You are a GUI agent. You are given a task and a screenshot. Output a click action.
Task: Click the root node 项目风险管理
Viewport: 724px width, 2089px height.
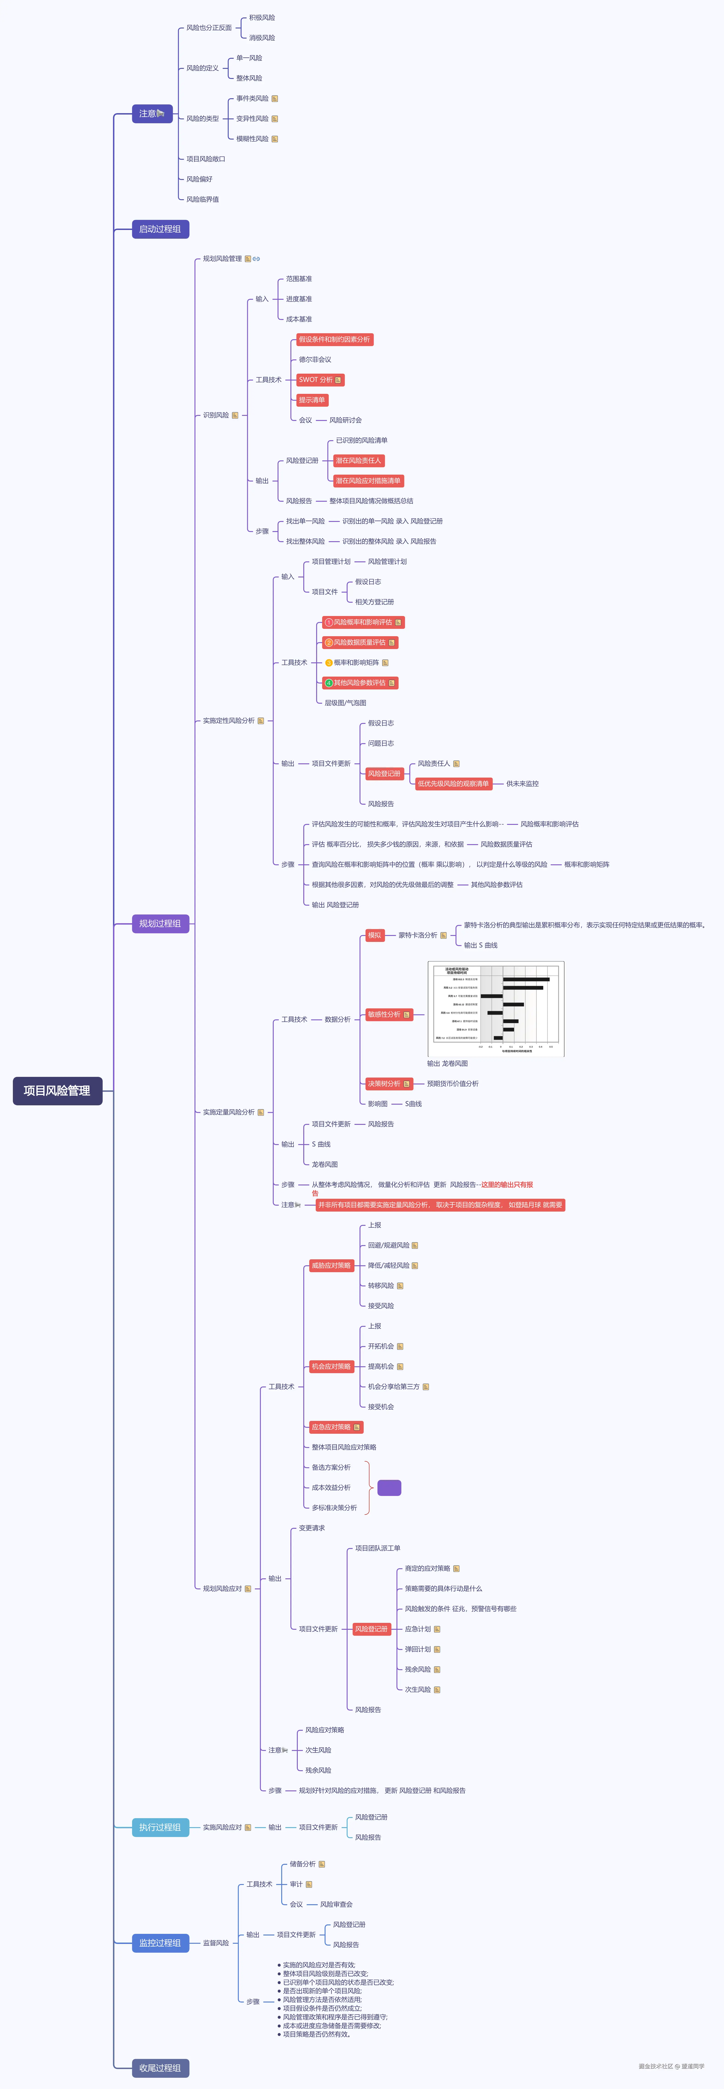pyautogui.click(x=57, y=1091)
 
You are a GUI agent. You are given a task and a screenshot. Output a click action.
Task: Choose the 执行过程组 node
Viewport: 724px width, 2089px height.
pyautogui.click(x=160, y=1827)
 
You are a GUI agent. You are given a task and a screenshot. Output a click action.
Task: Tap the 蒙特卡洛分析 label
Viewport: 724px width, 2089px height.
pyautogui.click(x=418, y=935)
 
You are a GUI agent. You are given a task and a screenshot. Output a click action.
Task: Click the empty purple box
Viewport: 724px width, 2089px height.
pyautogui.click(x=390, y=1487)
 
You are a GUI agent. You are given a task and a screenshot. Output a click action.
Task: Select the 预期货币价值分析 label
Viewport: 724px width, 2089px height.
pyautogui.click(x=453, y=1084)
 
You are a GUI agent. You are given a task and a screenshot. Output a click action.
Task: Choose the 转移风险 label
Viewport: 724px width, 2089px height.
pyautogui.click(x=381, y=1285)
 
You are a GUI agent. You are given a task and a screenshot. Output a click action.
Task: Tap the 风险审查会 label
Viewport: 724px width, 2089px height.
pyautogui.click(x=336, y=1904)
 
